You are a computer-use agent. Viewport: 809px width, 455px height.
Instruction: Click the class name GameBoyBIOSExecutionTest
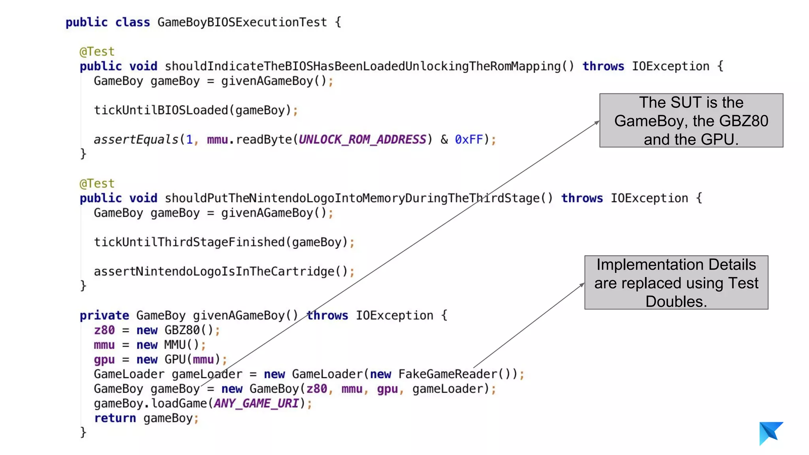[x=242, y=22]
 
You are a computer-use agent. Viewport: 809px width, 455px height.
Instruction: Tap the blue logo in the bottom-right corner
[x=770, y=433]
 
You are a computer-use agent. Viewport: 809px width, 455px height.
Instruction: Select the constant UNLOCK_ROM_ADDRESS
[x=362, y=139]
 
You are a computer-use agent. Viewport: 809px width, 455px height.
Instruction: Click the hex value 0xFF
[x=469, y=139]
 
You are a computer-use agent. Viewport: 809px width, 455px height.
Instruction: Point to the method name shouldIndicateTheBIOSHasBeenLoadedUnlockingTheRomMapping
[x=362, y=66]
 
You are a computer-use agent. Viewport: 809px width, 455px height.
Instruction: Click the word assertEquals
[x=136, y=139]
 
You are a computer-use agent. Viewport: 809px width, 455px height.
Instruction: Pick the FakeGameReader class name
[x=448, y=374]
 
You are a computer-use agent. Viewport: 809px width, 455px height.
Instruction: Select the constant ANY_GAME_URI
[x=256, y=403]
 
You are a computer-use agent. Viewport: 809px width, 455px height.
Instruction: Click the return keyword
[x=115, y=418]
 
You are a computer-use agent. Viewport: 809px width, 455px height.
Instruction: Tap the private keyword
[x=104, y=316]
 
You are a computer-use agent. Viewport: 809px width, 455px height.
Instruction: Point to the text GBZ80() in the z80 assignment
[x=188, y=330]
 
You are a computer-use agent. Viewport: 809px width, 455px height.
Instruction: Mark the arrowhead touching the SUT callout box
[x=597, y=123]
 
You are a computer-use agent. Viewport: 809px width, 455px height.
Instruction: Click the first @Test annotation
[x=97, y=52]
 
